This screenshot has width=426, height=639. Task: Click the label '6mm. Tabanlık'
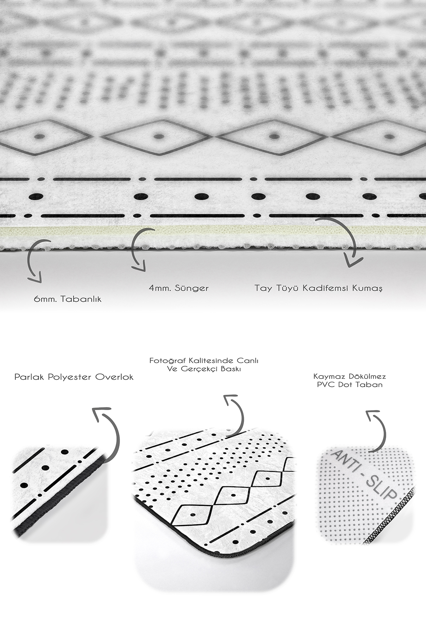(x=67, y=299)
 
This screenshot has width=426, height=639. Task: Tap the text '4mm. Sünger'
(x=179, y=288)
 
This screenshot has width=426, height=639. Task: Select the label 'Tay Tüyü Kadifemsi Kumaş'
(x=318, y=288)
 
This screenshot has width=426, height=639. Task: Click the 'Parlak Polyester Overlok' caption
(x=74, y=377)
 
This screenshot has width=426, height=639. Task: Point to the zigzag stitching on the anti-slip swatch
(x=390, y=518)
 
